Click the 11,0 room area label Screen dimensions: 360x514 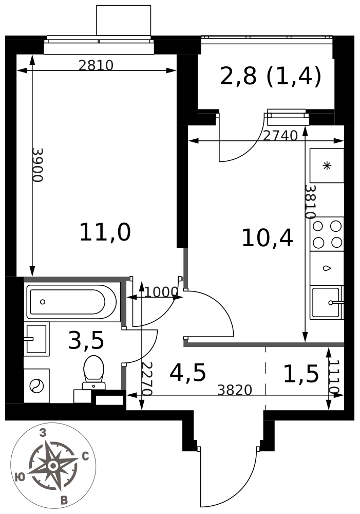105,232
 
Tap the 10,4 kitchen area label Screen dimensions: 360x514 267,238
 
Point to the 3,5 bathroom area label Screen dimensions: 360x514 86,340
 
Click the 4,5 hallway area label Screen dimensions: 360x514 187,373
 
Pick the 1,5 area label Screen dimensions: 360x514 301,374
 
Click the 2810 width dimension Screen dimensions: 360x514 96,65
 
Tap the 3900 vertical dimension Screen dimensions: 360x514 37,165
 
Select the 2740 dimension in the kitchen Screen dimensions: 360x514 280,135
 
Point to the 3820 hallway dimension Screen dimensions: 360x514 235,390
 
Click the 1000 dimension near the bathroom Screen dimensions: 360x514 161,292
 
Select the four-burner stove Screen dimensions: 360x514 327,234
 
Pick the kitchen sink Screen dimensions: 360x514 327,303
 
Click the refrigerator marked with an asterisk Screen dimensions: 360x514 327,166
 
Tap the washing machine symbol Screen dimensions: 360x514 36,385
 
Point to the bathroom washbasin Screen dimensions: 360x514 36,339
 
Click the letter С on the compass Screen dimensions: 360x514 85,456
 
